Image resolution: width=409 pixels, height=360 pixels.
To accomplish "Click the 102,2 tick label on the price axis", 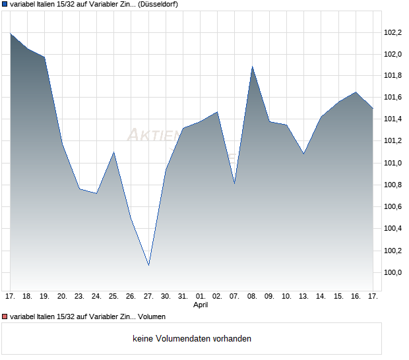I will click(x=393, y=32).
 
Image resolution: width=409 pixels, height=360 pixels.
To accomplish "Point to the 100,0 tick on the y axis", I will click(x=393, y=272).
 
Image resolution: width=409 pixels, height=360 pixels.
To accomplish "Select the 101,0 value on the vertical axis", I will click(x=393, y=163).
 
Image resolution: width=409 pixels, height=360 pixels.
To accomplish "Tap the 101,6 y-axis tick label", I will click(x=393, y=98).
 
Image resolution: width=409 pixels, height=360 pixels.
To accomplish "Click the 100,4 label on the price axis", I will click(x=393, y=229).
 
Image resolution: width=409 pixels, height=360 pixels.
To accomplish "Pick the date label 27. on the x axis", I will click(x=148, y=297).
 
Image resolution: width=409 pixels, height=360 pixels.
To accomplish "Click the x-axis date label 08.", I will click(x=252, y=297).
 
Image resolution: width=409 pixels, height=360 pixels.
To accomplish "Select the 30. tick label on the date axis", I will click(x=166, y=297).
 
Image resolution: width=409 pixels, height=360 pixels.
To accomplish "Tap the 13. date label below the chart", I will click(x=303, y=297).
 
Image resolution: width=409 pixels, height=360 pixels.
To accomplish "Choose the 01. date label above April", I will click(x=201, y=297).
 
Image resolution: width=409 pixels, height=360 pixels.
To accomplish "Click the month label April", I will click(x=201, y=305).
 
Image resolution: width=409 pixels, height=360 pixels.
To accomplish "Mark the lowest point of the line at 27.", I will click(x=148, y=265).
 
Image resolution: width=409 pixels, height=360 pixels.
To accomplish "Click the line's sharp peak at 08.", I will click(x=252, y=67).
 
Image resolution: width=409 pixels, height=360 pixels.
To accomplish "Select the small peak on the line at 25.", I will click(x=114, y=152).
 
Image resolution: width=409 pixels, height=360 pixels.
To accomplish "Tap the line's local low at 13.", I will click(x=303, y=154).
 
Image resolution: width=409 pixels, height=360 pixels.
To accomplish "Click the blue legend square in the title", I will click(x=4, y=4).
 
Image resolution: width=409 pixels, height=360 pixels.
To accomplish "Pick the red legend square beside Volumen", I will click(x=4, y=317).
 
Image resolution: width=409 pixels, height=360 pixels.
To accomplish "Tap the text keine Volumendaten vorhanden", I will click(x=192, y=339).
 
